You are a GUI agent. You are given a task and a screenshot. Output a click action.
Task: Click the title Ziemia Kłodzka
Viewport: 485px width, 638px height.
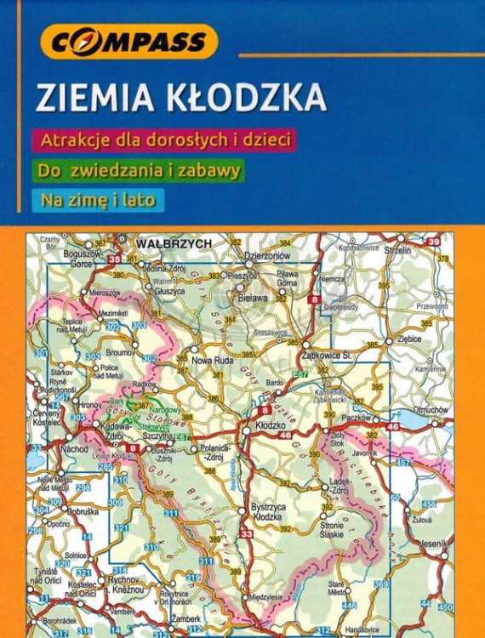180,98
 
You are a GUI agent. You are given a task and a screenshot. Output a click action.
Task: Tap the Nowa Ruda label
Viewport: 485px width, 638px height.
220,360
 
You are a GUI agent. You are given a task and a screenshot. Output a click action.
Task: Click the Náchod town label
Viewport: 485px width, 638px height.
74,447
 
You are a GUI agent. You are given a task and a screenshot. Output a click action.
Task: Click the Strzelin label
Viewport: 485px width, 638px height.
397,251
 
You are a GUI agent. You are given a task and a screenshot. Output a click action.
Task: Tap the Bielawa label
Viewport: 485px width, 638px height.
254,299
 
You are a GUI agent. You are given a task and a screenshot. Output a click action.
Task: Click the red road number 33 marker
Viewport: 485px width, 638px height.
247,533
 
